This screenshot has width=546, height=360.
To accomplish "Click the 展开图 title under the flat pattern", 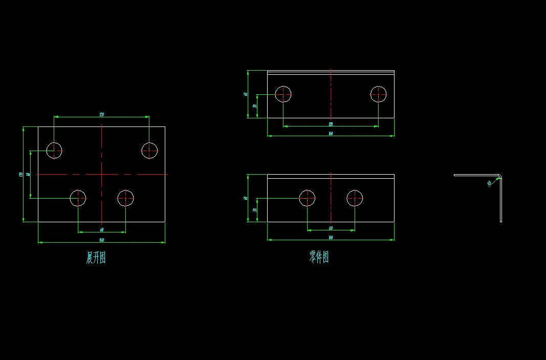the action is [96, 258].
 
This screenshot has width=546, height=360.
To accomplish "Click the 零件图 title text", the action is [319, 257].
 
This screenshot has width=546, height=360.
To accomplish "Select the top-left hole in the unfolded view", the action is [54, 151].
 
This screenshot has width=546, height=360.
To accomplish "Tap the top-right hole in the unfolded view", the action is [149, 151].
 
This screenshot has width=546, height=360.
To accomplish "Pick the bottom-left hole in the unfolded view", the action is [78, 198].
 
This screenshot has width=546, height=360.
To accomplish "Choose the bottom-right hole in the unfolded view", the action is [125, 198].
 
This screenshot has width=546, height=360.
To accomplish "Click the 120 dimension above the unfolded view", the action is [101, 115].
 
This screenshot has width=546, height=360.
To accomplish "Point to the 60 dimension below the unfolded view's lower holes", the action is [101, 229].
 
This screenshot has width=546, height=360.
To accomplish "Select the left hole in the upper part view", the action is [283, 94].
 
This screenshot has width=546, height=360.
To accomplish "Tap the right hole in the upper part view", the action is [378, 94].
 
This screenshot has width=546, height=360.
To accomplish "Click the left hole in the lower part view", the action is [307, 198].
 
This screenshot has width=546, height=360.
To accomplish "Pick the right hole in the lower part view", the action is [355, 198].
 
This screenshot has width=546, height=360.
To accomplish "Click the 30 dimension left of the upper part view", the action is [255, 106].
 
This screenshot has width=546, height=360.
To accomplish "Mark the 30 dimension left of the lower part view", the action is [255, 210].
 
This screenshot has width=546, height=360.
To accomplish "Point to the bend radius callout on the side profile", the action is [489, 183].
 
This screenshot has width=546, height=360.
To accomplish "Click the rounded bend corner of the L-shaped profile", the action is [499, 177].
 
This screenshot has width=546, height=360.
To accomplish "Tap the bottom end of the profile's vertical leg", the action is [500, 221].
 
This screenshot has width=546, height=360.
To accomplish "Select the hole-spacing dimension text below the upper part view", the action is [331, 124].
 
